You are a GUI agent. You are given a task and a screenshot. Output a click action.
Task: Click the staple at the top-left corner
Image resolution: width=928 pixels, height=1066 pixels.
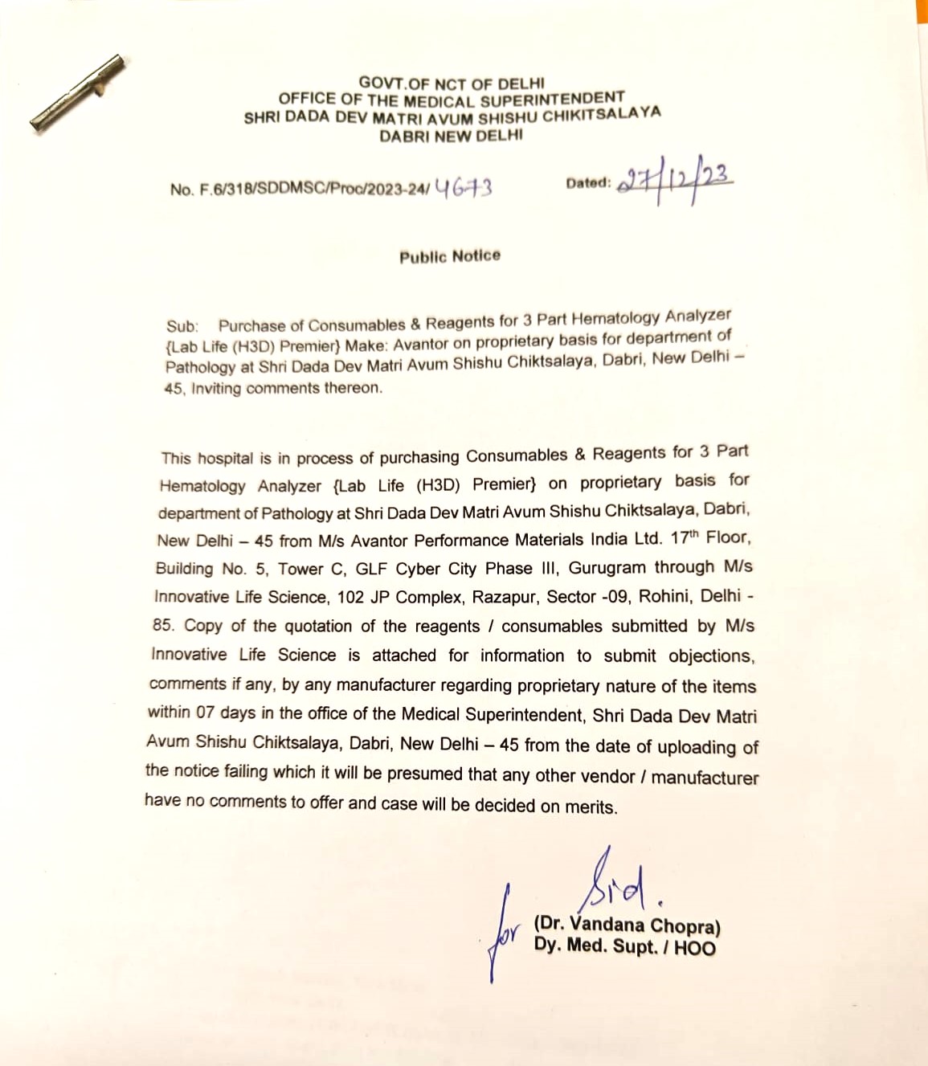(x=77, y=92)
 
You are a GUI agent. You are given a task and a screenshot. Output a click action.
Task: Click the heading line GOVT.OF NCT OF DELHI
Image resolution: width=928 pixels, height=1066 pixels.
(x=452, y=84)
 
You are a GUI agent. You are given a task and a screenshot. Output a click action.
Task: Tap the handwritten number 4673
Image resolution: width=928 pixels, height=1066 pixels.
(x=463, y=189)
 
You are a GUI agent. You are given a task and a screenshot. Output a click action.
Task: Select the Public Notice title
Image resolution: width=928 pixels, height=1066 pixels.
(x=450, y=256)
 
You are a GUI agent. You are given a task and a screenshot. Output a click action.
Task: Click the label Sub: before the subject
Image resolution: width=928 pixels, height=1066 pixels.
(x=182, y=326)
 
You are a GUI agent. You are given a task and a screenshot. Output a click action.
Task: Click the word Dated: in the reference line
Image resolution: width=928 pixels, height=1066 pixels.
(x=588, y=183)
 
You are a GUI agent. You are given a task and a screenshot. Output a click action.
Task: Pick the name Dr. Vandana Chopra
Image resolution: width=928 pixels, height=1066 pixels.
(x=627, y=925)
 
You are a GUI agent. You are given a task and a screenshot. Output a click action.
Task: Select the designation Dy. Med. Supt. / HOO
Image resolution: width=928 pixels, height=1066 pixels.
(x=624, y=947)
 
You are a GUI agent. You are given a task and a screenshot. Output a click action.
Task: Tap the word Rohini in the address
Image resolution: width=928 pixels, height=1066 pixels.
(x=666, y=597)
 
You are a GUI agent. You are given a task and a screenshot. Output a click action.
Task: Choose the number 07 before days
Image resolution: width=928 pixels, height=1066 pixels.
(x=205, y=713)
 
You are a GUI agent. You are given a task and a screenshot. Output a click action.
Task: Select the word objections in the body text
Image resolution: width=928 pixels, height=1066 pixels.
(x=711, y=656)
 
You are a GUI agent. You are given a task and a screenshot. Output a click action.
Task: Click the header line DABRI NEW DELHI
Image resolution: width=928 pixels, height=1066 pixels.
(x=452, y=136)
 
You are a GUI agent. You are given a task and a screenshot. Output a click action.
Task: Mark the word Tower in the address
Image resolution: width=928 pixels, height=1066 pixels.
(x=300, y=569)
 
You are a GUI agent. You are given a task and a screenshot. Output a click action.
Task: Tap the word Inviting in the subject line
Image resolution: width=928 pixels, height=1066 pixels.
(x=216, y=389)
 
